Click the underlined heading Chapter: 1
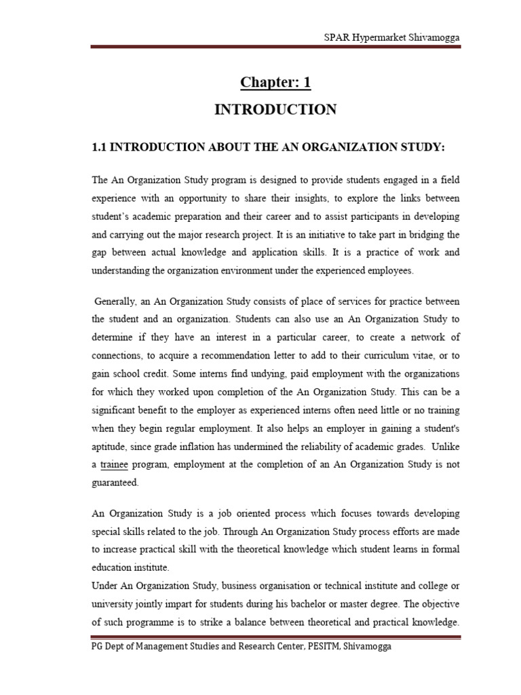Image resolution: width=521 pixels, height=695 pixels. point(275,83)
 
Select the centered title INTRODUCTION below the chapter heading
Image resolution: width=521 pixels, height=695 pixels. point(275,110)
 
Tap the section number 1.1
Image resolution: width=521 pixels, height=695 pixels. point(100,148)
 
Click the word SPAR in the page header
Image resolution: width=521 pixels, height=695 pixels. point(336,37)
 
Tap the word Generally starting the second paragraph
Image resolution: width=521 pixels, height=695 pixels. point(115,301)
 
